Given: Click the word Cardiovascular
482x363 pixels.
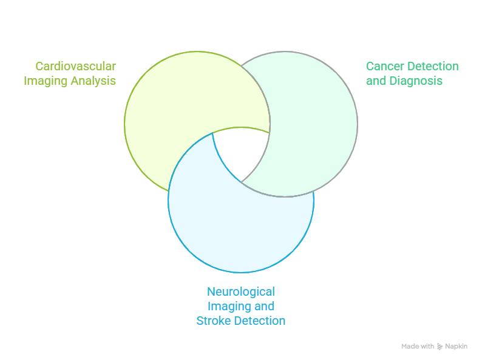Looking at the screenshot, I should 76,66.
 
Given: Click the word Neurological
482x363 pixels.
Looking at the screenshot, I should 241,291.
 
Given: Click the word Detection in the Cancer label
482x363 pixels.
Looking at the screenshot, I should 433,66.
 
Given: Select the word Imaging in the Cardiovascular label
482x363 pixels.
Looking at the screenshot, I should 42,81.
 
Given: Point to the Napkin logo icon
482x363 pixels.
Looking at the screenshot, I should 440,347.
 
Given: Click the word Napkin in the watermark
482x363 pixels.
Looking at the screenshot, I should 456,347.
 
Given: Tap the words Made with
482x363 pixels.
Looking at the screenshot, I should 418,347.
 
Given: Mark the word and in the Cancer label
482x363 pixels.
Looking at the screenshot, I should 376,81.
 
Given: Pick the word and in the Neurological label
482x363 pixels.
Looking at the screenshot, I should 265,306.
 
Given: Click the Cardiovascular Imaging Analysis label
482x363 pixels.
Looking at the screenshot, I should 70,73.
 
